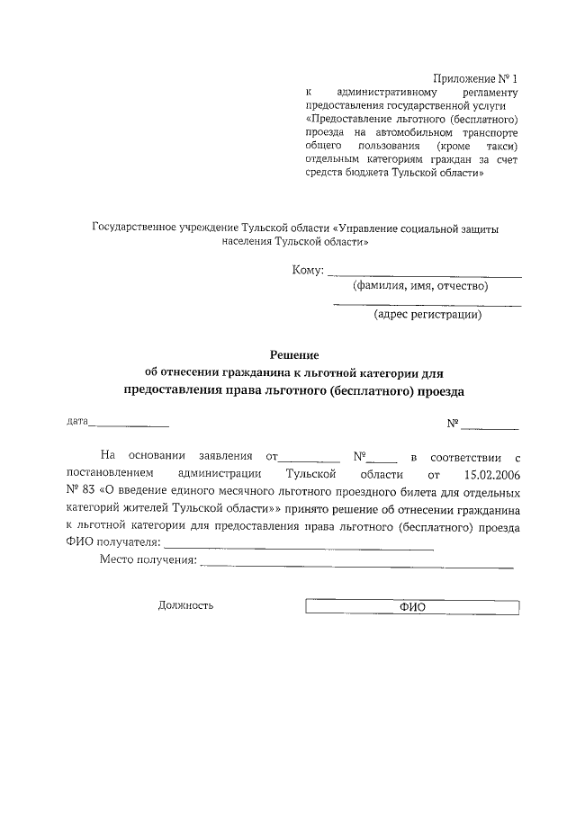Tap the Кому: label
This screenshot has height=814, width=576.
pyautogui.click(x=307, y=270)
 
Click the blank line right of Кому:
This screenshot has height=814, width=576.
pyautogui.click(x=424, y=275)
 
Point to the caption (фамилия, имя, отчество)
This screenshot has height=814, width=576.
pyautogui.click(x=419, y=286)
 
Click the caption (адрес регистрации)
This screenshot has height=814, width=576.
pyautogui.click(x=427, y=315)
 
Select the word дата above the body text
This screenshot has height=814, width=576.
pyautogui.click(x=76, y=421)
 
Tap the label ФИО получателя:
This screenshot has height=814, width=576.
pyautogui.click(x=112, y=542)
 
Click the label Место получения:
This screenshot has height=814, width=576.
pyautogui.click(x=148, y=560)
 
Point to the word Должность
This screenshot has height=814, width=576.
pyautogui.click(x=185, y=606)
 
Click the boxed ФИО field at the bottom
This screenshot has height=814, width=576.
pyautogui.click(x=412, y=607)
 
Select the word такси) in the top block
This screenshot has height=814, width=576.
pyautogui.click(x=500, y=146)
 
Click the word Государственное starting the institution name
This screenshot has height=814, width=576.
pyautogui.click(x=136, y=228)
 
